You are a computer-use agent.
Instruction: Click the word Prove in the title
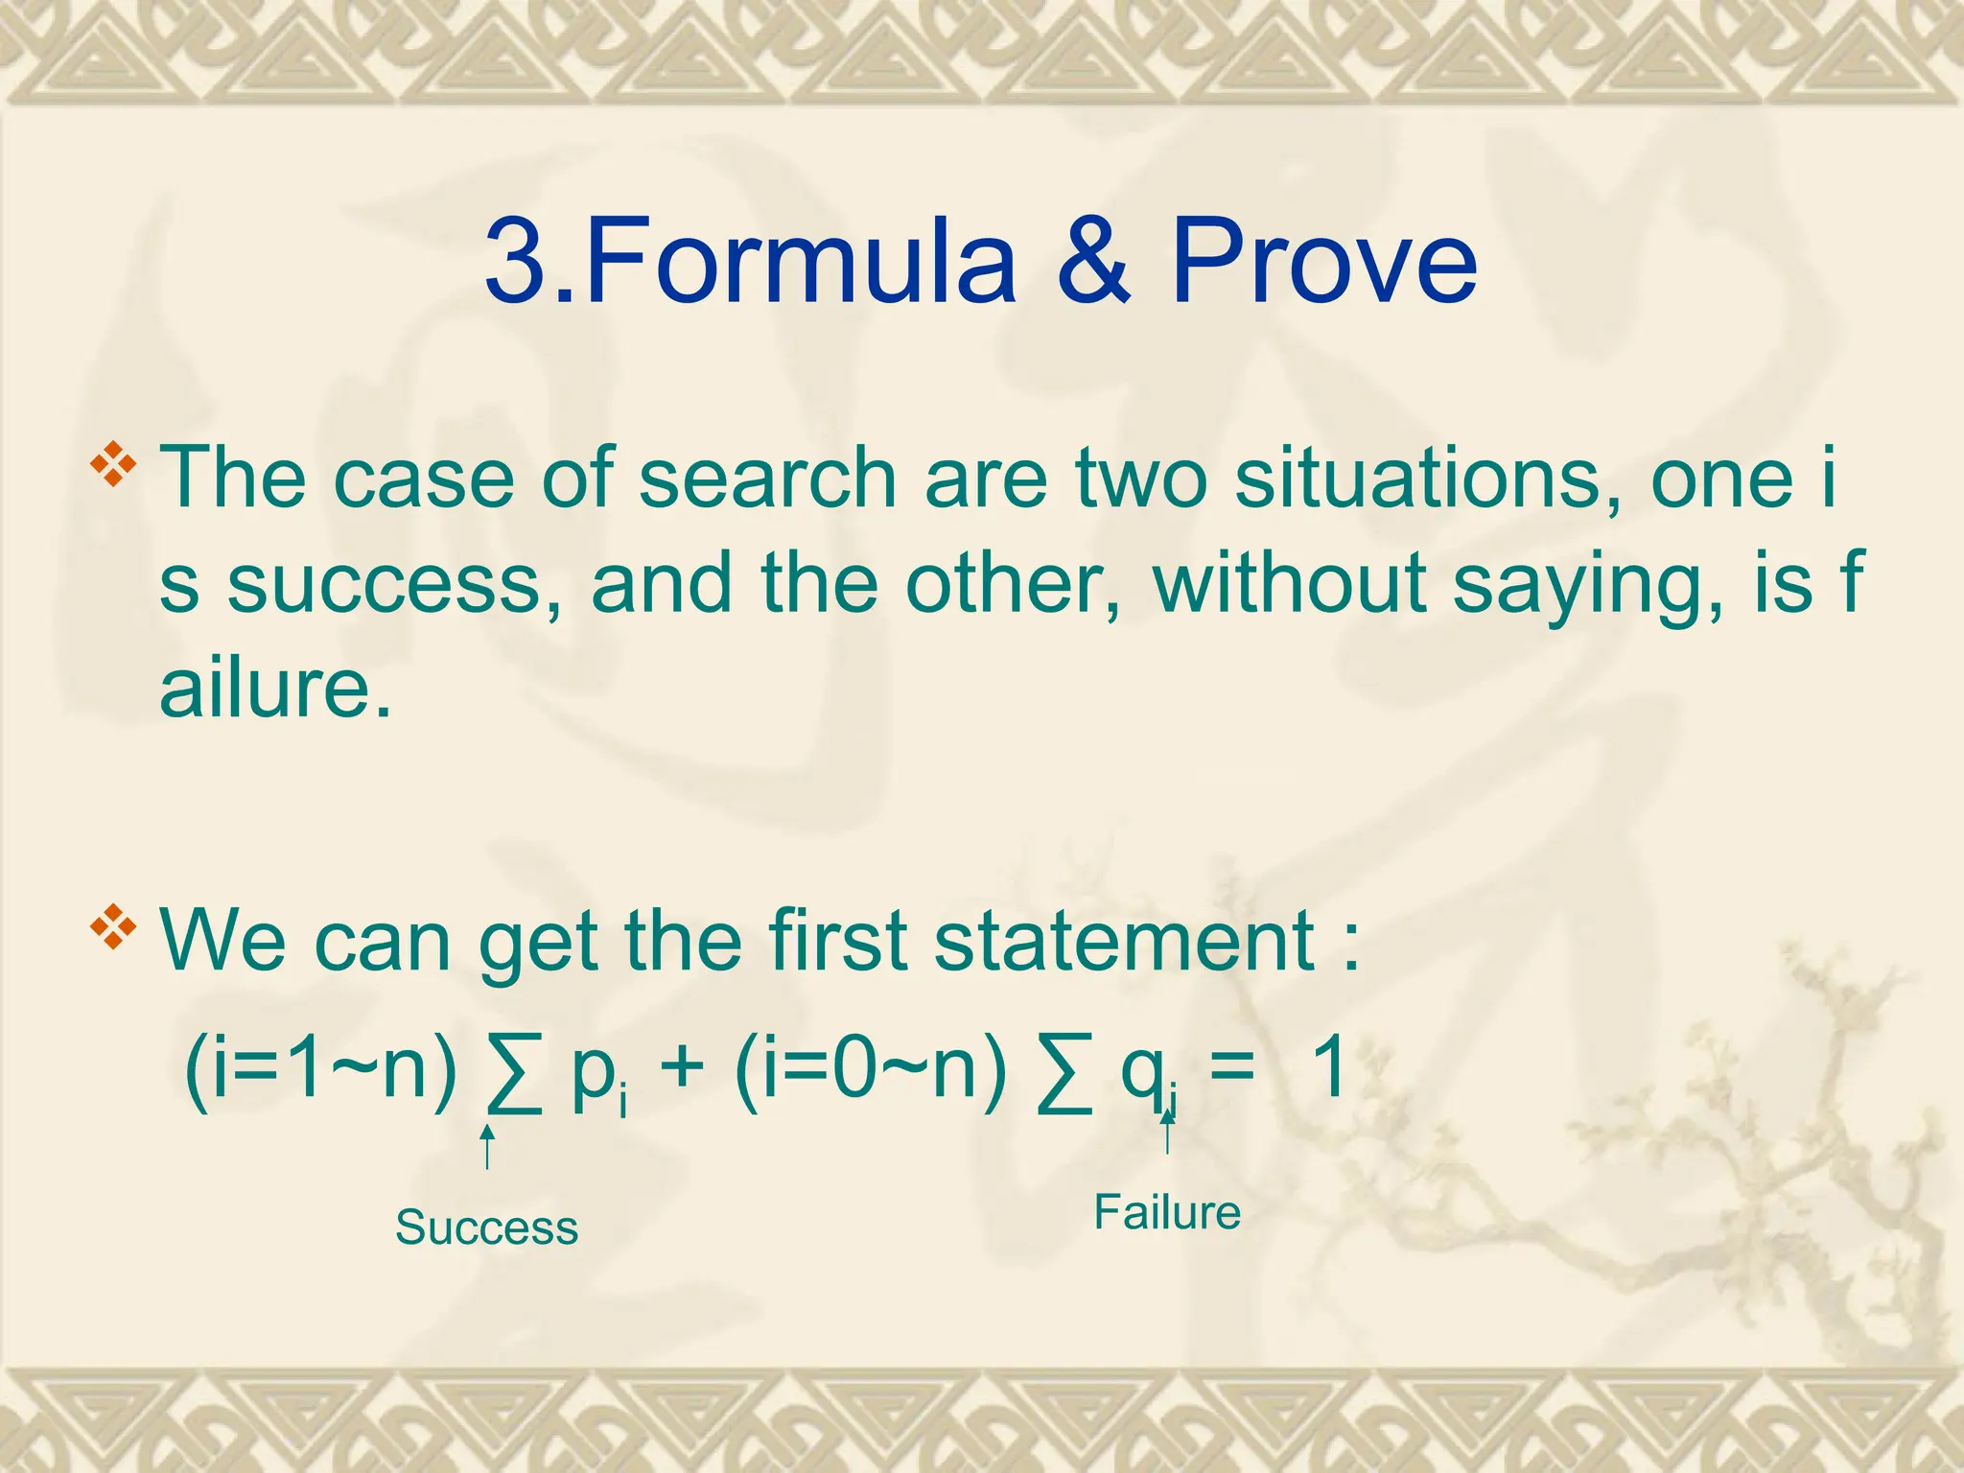tap(1323, 261)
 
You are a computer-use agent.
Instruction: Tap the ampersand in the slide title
tap(1094, 261)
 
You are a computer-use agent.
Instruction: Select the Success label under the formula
tap(486, 1227)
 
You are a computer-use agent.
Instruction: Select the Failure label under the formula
tap(1167, 1212)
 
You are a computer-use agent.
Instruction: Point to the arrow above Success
tap(487, 1146)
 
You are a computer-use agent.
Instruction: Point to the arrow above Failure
tap(1167, 1132)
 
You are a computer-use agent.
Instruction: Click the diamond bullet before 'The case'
tap(113, 463)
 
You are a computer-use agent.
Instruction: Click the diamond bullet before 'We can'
tap(113, 926)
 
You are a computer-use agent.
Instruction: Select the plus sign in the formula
tap(682, 1069)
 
